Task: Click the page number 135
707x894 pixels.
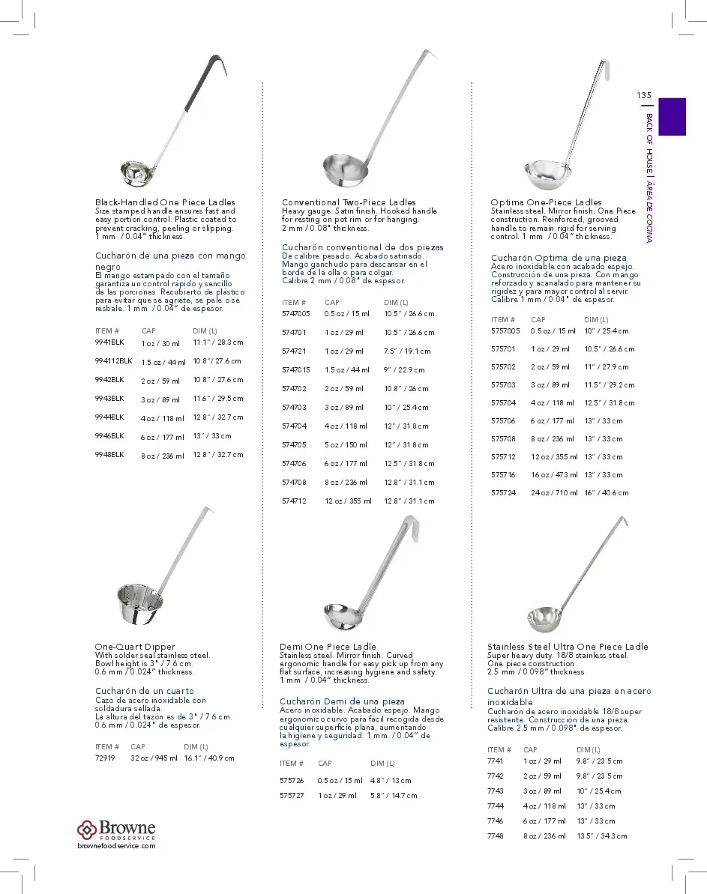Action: (644, 95)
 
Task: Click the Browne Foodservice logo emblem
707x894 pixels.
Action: (87, 829)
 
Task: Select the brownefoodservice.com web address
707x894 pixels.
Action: (116, 845)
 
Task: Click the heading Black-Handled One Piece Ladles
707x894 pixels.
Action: (165, 202)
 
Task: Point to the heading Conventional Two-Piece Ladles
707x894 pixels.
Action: (349, 202)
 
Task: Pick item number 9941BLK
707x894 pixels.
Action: (109, 342)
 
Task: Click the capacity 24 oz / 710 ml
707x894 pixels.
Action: (554, 493)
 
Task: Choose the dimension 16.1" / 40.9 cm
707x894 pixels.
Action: (209, 758)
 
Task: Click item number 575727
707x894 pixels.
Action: (292, 795)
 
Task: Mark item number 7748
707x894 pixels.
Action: (495, 836)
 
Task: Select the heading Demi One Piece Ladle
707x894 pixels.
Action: (328, 647)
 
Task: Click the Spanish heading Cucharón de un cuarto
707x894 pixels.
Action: (144, 691)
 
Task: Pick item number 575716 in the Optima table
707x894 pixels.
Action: (503, 475)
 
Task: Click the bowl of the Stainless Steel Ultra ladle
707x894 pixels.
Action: (544, 618)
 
